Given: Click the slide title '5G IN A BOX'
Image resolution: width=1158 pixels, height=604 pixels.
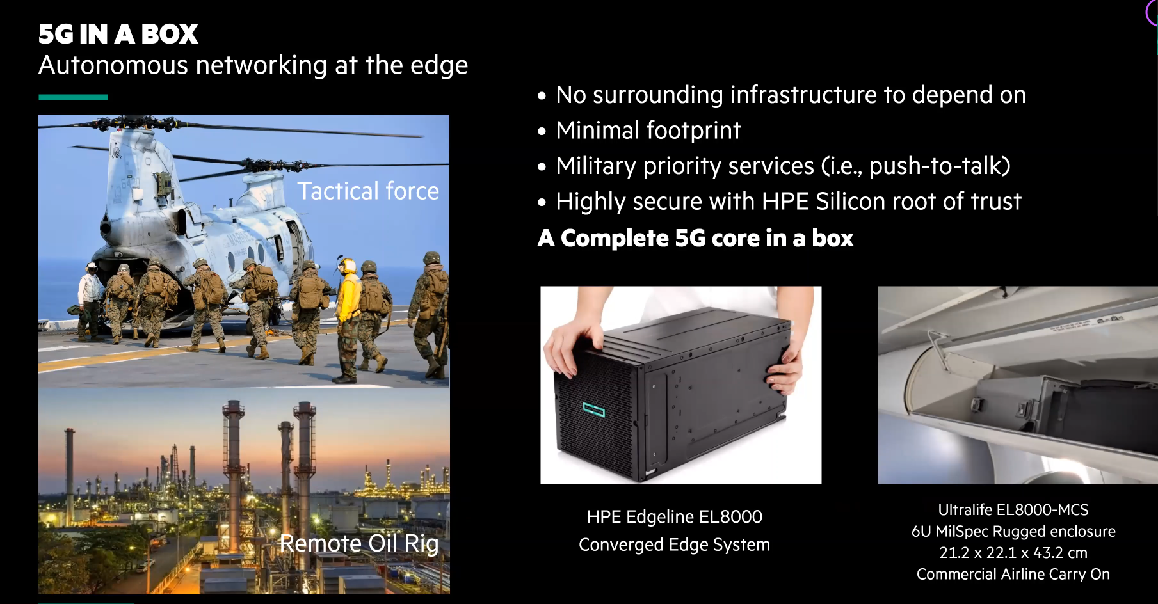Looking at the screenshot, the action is [x=118, y=34].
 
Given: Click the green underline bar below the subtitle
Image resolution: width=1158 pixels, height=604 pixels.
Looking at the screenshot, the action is [x=73, y=97].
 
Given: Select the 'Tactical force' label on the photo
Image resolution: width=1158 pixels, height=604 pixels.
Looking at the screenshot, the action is [x=368, y=191].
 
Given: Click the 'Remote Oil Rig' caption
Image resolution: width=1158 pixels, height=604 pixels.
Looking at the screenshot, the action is [x=359, y=543].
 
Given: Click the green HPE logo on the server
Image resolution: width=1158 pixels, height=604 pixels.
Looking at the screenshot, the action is [x=593, y=409].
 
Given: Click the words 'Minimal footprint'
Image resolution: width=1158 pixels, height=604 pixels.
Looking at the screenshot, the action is [x=648, y=131].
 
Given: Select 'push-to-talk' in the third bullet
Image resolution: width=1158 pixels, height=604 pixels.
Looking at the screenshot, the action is [x=936, y=166].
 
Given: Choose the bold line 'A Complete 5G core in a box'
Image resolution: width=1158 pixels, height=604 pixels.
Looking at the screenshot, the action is [x=696, y=238].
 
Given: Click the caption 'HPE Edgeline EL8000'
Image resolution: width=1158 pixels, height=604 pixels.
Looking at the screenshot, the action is [x=675, y=516].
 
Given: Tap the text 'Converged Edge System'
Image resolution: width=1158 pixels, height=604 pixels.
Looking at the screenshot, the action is [x=675, y=544].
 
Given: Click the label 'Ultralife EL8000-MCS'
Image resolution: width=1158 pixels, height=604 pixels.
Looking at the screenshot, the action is [x=1013, y=510].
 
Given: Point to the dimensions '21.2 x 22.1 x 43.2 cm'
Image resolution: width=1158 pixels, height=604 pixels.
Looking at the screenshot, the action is [x=1013, y=553].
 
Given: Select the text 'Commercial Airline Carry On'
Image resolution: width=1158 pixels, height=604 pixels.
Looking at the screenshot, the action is [x=1013, y=575].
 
